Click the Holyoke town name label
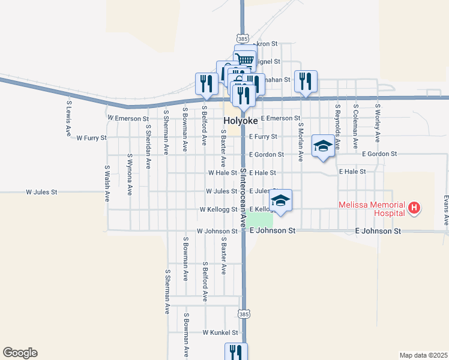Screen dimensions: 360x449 [x=241, y=121]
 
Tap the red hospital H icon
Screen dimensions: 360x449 [x=414, y=208]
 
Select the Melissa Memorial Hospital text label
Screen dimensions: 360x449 [x=372, y=208]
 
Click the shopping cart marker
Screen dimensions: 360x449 [x=245, y=59]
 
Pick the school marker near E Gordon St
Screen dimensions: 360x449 [x=323, y=146]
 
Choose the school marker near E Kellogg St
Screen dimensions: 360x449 [x=280, y=200]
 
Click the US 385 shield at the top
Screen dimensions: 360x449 [x=243, y=38]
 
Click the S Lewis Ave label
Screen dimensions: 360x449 [x=68, y=119]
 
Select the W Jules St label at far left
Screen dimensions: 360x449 [x=41, y=193]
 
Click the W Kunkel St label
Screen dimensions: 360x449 [x=220, y=332]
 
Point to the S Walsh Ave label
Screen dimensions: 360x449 [x=107, y=182]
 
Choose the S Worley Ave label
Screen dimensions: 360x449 [x=377, y=124]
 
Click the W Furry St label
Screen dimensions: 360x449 [x=91, y=137]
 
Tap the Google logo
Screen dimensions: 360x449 [x=20, y=353]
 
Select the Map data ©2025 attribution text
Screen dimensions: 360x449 [x=423, y=355]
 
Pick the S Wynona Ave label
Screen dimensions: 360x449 [x=129, y=175]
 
